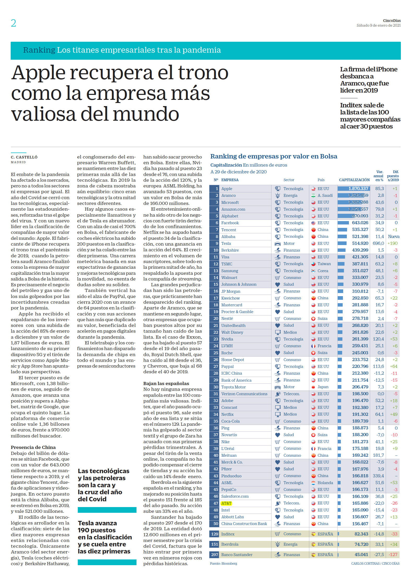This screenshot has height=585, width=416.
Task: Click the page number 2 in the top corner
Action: click(x=14, y=23)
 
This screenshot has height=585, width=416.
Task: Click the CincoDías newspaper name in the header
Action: click(x=392, y=21)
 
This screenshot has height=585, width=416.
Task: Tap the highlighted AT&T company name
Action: click(x=226, y=503)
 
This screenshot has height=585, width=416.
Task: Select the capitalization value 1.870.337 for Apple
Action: click(x=358, y=188)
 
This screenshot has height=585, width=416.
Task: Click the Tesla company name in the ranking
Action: click(x=226, y=243)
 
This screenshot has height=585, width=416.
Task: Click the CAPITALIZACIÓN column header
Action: click(x=354, y=180)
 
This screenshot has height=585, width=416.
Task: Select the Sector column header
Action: click(x=289, y=180)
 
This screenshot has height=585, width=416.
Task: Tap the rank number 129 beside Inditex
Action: click(x=215, y=534)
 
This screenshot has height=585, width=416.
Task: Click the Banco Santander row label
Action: click(x=237, y=554)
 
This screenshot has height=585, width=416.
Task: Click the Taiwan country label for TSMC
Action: click(x=324, y=264)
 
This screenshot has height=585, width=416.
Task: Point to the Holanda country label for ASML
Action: click(x=325, y=483)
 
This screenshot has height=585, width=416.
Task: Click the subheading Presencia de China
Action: click(x=33, y=447)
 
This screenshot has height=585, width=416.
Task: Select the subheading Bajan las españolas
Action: click(x=166, y=383)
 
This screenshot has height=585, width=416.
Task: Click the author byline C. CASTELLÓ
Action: click(x=24, y=157)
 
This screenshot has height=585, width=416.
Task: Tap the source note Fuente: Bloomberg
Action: click(x=224, y=563)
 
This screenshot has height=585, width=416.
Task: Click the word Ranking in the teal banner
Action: click(x=39, y=50)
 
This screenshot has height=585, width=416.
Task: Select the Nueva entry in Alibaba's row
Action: click(x=394, y=236)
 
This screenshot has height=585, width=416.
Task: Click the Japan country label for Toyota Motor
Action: click(x=323, y=387)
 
